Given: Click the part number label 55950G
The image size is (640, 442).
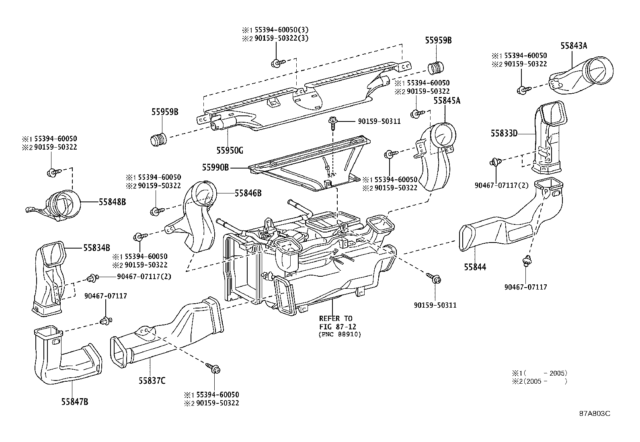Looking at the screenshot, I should click(x=230, y=150).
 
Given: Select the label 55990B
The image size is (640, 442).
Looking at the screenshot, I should click(x=215, y=167).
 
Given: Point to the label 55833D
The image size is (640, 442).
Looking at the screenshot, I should click(x=503, y=133).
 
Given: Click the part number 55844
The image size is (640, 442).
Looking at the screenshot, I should click(x=475, y=267).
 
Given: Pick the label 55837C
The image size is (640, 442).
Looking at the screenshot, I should click(x=152, y=380).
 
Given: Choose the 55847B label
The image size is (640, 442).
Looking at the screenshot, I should click(x=75, y=401).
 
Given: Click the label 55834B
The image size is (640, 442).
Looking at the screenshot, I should click(x=97, y=248).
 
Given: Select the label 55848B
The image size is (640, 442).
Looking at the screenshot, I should click(x=112, y=202).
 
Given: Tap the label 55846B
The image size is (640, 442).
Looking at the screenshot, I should click(x=248, y=193).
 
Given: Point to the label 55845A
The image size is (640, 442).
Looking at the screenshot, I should click(x=447, y=101).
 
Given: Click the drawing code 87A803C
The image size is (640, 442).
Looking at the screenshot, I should click(x=595, y=413).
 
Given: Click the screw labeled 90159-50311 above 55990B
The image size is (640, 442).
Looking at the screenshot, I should click(x=333, y=121).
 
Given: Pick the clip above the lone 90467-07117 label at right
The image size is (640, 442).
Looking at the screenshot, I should click(x=526, y=261).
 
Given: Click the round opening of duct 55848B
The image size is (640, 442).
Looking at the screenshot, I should click(x=65, y=205).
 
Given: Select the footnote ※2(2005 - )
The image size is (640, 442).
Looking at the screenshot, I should click(x=539, y=381).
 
